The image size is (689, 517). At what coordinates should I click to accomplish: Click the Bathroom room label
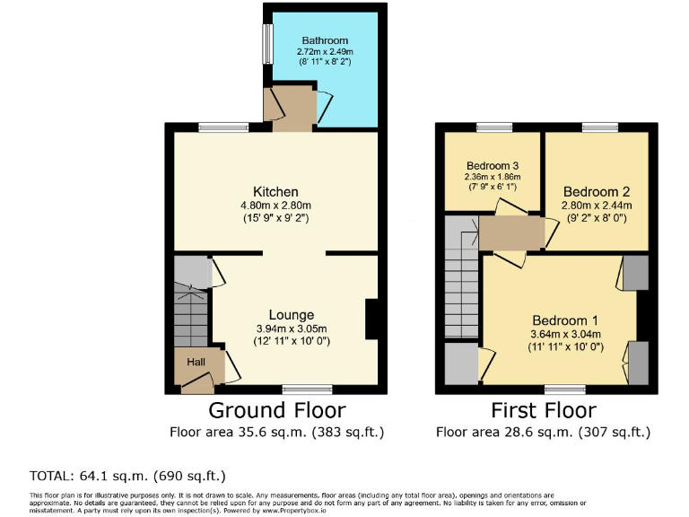(325, 40)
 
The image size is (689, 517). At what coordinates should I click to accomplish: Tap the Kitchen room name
(275, 192)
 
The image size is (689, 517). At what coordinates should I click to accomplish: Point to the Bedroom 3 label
(493, 166)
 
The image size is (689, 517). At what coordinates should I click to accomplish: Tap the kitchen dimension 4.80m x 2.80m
(275, 206)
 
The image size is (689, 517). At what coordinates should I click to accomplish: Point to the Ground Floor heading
(276, 411)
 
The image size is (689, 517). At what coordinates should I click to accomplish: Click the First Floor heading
(543, 411)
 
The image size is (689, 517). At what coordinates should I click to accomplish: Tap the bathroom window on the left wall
(267, 43)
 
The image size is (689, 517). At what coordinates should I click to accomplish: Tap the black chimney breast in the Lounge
(371, 320)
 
